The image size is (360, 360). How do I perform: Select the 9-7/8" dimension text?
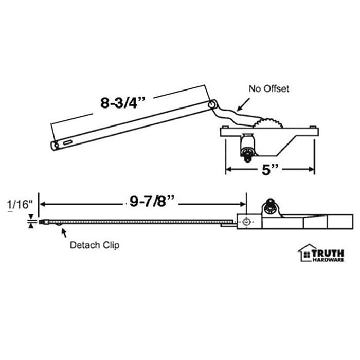[152, 203]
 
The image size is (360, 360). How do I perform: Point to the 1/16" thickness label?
[17, 205]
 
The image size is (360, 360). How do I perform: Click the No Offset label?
[269, 89]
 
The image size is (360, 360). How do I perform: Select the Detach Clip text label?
[94, 245]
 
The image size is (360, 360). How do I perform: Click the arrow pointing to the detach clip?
[64, 232]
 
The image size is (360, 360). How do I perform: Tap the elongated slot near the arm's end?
[68, 141]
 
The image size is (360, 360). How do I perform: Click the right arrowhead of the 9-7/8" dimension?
[244, 204]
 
